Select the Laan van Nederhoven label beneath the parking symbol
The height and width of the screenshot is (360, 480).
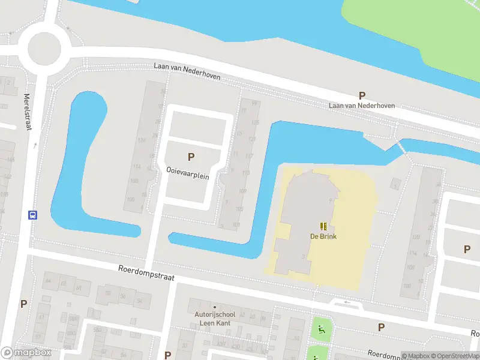point(362,106)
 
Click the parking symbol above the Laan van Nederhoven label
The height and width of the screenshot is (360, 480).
point(362,95)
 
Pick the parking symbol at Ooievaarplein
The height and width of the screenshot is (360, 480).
point(191,157)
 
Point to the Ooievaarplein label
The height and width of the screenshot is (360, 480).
point(187,170)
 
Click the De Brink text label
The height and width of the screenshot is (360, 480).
point(323,236)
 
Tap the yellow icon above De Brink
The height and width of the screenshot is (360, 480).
point(323,226)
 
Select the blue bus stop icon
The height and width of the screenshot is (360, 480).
point(32,215)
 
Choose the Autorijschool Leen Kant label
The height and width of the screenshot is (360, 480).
point(213,319)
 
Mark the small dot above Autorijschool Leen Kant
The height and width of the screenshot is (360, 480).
point(214,307)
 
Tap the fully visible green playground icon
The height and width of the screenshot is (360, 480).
point(322,328)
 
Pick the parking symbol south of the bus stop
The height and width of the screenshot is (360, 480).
point(23,304)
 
